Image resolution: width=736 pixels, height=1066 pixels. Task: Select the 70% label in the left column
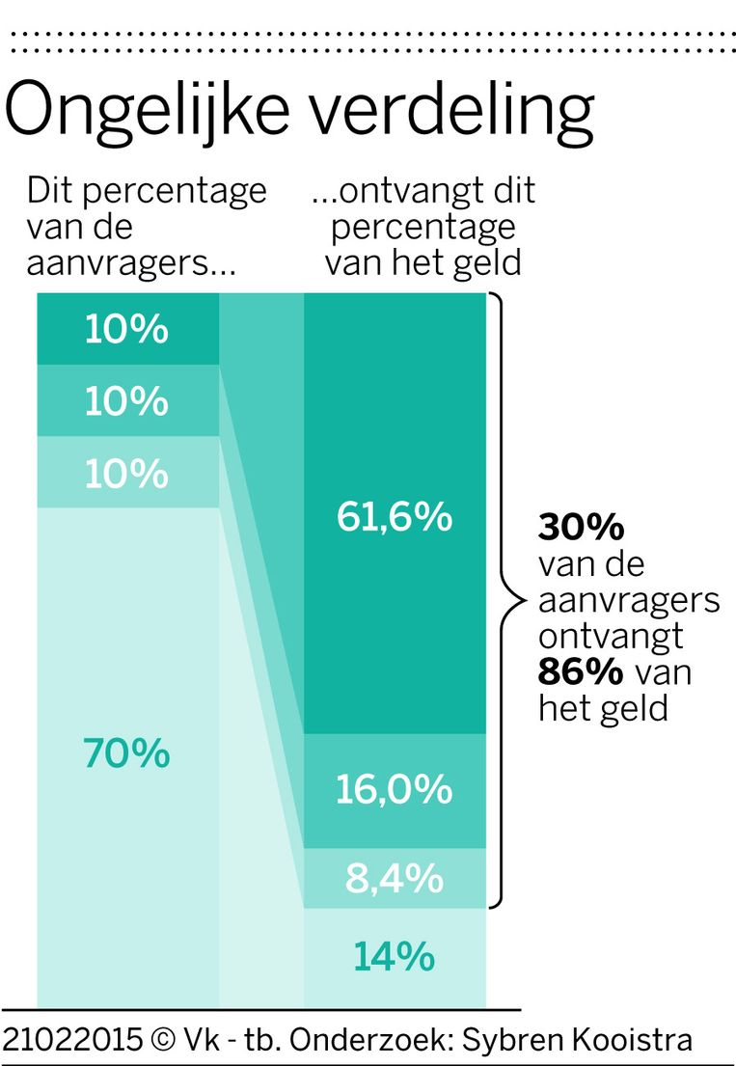tap(127, 753)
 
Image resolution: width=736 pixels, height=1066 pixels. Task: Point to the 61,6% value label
tap(395, 518)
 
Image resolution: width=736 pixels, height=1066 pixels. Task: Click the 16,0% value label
tap(395, 789)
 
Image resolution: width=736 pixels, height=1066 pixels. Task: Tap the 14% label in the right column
tap(395, 957)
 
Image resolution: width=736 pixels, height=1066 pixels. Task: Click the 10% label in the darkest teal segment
tap(127, 330)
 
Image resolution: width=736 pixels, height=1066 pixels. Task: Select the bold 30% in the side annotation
tap(581, 529)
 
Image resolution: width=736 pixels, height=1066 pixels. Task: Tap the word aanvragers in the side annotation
tap(629, 601)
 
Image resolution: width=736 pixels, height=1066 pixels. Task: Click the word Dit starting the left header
tap(50, 190)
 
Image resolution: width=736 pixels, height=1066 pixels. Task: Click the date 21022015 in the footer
tap(72, 1040)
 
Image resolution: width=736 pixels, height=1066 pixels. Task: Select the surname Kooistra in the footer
tap(637, 1040)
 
